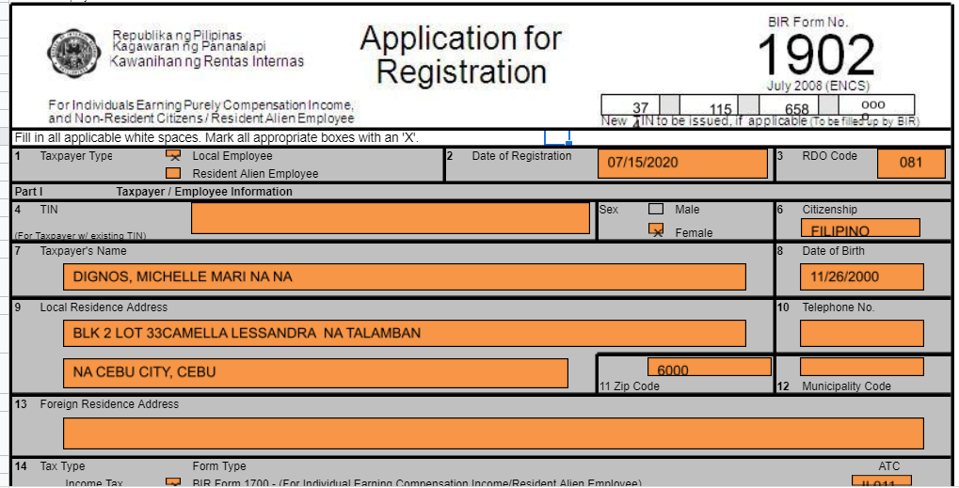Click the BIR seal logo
click(72, 53)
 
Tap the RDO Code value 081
click(910, 163)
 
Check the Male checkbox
click(656, 210)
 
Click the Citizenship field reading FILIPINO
click(859, 228)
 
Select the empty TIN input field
click(390, 218)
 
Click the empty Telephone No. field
click(861, 333)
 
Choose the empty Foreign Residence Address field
click(493, 433)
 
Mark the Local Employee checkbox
click(172, 156)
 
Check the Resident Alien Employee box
click(172, 173)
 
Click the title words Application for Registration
click(460, 55)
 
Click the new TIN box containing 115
click(721, 107)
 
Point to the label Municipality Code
click(845, 386)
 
